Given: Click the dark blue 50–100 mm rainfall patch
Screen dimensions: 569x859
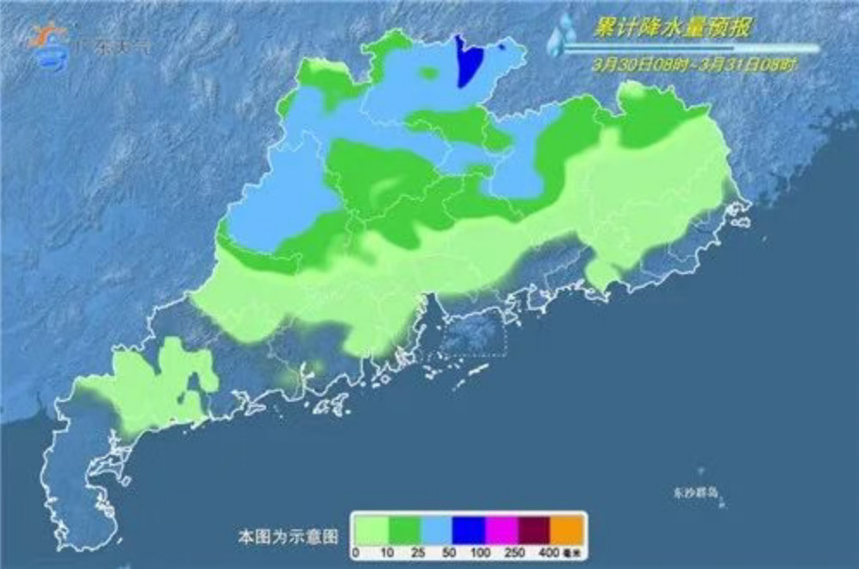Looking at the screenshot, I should (468, 62).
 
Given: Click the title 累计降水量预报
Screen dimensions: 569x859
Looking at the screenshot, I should (671, 28).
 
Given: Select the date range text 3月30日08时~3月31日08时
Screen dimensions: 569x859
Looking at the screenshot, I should (694, 65).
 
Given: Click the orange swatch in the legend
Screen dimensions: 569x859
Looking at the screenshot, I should (567, 527).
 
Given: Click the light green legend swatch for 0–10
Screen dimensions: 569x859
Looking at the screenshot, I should (370, 527).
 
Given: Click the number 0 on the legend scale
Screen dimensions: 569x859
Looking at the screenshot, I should (355, 549).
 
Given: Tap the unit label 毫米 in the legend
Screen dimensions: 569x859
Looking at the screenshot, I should (570, 549).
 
